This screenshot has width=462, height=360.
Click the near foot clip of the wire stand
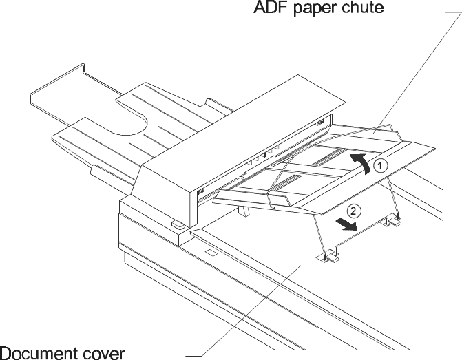[328, 258]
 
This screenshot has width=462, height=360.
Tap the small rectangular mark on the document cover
[211, 253]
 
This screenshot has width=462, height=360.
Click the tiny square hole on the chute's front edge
[273, 205]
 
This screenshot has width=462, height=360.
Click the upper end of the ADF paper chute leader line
[453, 14]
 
